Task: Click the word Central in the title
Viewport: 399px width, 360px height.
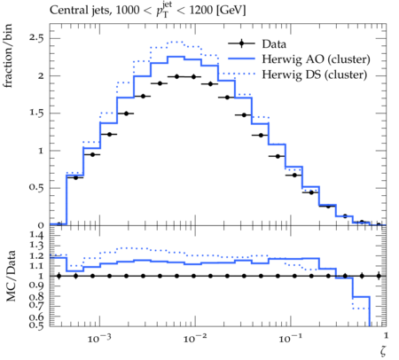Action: (x=65, y=10)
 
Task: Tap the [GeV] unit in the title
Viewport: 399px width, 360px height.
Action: (x=231, y=11)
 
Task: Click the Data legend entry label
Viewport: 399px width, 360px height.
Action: (x=274, y=44)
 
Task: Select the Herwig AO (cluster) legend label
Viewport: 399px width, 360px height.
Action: (x=316, y=59)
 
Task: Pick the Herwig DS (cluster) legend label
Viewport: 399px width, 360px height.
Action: (x=315, y=74)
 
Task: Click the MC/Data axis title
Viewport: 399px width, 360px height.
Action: (x=11, y=276)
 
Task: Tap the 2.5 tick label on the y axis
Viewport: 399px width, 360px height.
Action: (x=36, y=38)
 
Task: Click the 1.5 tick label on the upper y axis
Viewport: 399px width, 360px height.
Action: (x=36, y=113)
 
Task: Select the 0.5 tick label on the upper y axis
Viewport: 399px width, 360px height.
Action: (x=36, y=188)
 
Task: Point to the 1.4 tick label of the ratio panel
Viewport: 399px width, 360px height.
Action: (x=36, y=235)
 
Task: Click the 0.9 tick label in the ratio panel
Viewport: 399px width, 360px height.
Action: (x=36, y=286)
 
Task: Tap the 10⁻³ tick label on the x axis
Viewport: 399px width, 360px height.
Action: (x=99, y=339)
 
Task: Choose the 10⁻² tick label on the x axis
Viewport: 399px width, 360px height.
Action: (x=194, y=339)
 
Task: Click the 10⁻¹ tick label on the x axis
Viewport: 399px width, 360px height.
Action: (x=290, y=339)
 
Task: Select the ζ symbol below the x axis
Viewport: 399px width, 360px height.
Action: (x=383, y=350)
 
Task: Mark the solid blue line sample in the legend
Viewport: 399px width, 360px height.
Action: (x=241, y=59)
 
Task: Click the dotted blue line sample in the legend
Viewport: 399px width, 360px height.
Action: (x=241, y=74)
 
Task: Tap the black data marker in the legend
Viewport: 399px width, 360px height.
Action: (x=241, y=43)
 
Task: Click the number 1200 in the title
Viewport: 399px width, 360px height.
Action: (x=200, y=11)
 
